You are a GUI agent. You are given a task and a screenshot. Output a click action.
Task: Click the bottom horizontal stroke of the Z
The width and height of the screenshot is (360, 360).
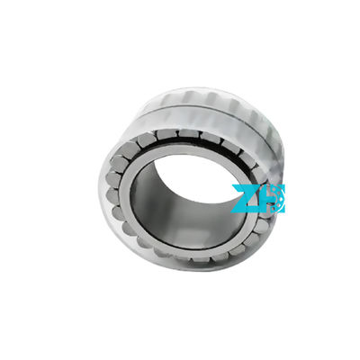point(242,210)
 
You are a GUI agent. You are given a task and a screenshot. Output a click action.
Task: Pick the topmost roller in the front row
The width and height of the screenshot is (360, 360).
point(184,134)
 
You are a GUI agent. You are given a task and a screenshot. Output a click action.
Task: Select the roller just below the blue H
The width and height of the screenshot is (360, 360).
point(261,225)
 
